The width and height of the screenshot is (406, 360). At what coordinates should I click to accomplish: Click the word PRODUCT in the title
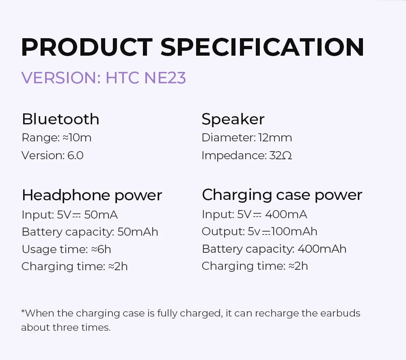click(x=86, y=48)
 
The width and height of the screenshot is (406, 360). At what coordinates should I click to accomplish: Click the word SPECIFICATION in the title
click(x=262, y=48)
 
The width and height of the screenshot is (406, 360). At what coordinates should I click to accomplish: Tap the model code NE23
click(x=165, y=78)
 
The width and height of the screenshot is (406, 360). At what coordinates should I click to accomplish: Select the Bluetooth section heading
click(x=60, y=119)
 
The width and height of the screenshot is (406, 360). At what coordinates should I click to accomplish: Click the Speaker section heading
click(x=233, y=119)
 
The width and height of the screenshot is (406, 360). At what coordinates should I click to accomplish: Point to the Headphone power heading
click(x=92, y=195)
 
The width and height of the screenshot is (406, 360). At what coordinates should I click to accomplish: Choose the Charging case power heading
click(x=282, y=195)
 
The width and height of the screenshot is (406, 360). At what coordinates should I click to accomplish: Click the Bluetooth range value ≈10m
click(x=77, y=138)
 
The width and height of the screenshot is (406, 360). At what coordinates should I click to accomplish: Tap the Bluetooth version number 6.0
click(x=76, y=155)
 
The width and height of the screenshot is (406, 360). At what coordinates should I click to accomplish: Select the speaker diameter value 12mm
click(x=275, y=138)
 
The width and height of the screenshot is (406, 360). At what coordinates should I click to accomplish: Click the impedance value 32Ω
click(x=281, y=155)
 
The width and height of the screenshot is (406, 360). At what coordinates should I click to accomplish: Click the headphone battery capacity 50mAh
click(x=138, y=232)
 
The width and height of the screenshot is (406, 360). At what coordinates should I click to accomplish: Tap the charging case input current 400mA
click(x=286, y=214)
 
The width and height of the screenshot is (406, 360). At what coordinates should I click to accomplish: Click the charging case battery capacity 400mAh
click(x=322, y=249)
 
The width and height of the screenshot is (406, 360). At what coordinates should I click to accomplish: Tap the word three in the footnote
click(x=65, y=327)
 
